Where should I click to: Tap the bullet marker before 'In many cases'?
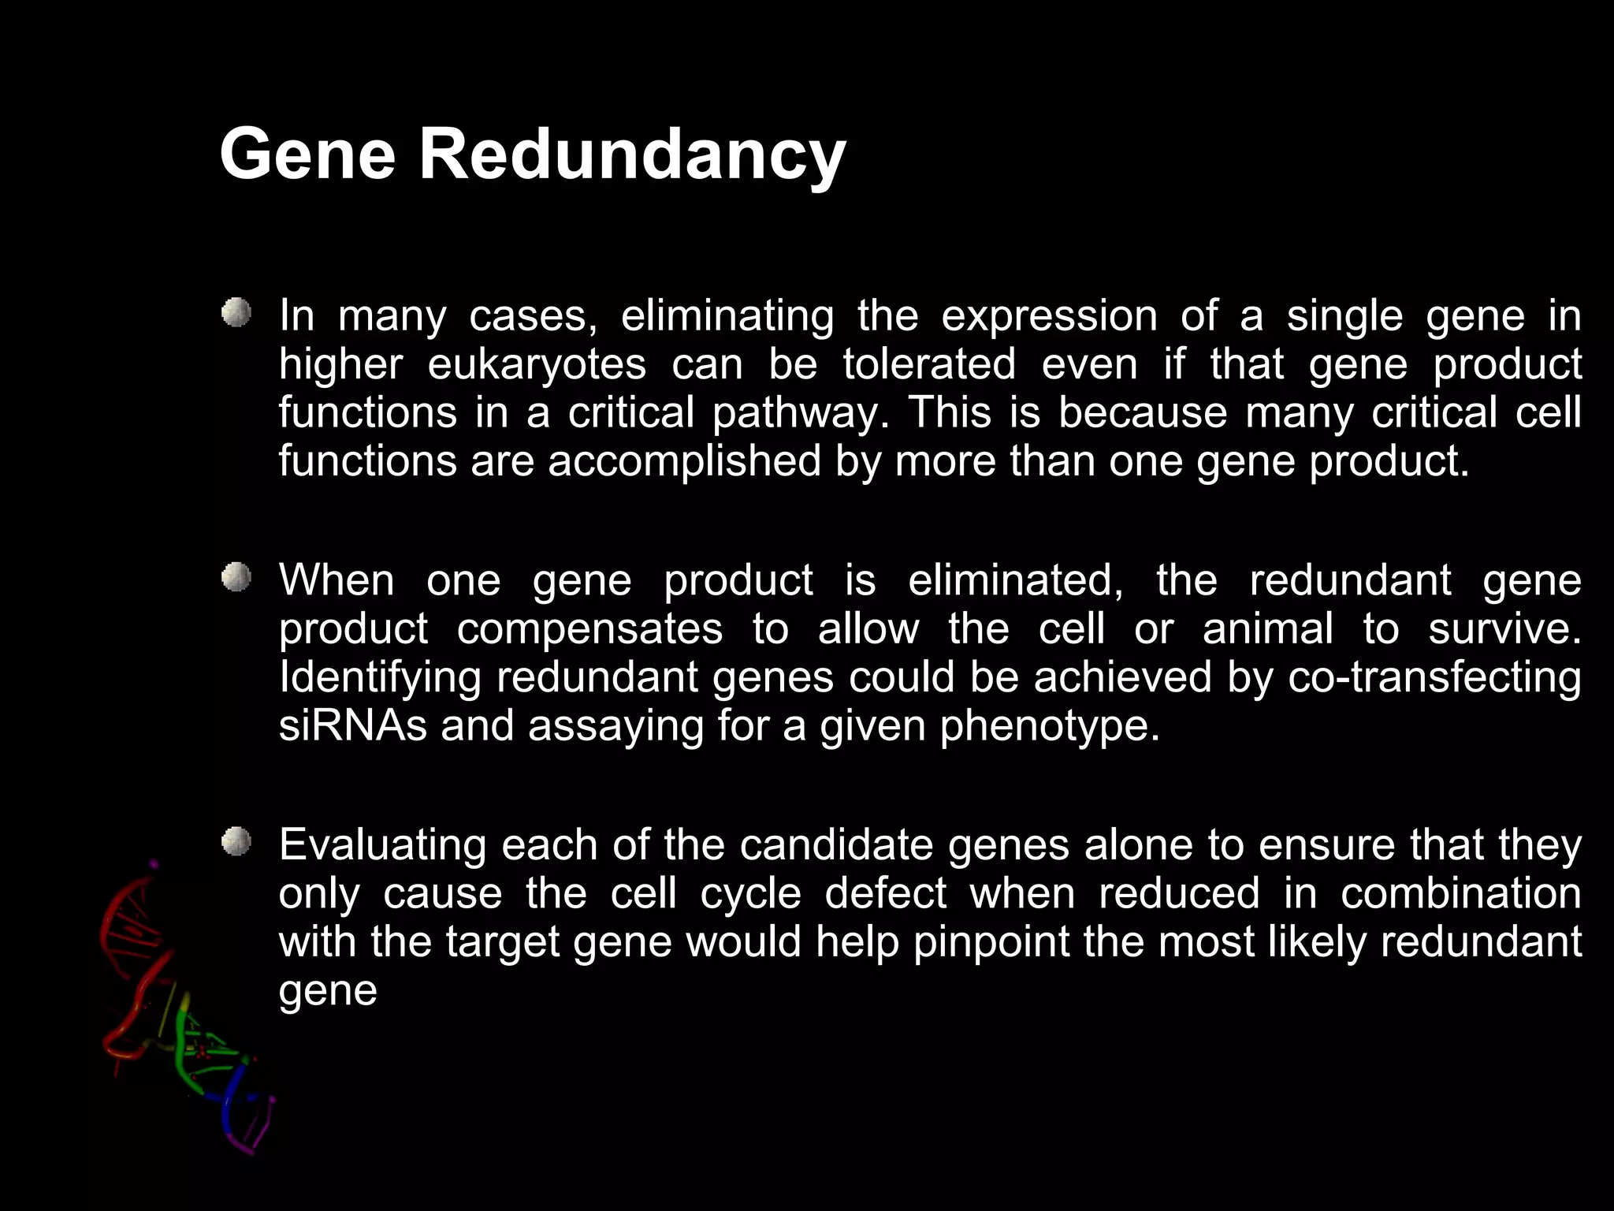click(236, 313)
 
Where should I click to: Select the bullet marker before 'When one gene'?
click(236, 578)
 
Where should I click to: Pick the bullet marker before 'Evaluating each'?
click(236, 842)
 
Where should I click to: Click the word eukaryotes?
click(537, 365)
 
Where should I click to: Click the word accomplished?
click(684, 461)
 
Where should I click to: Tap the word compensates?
click(589, 629)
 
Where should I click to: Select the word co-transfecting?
click(1434, 677)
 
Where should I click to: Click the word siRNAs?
click(352, 725)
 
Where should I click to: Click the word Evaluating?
click(382, 845)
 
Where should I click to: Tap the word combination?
click(1460, 893)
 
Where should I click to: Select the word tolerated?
click(929, 365)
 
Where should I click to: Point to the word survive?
click(1504, 629)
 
